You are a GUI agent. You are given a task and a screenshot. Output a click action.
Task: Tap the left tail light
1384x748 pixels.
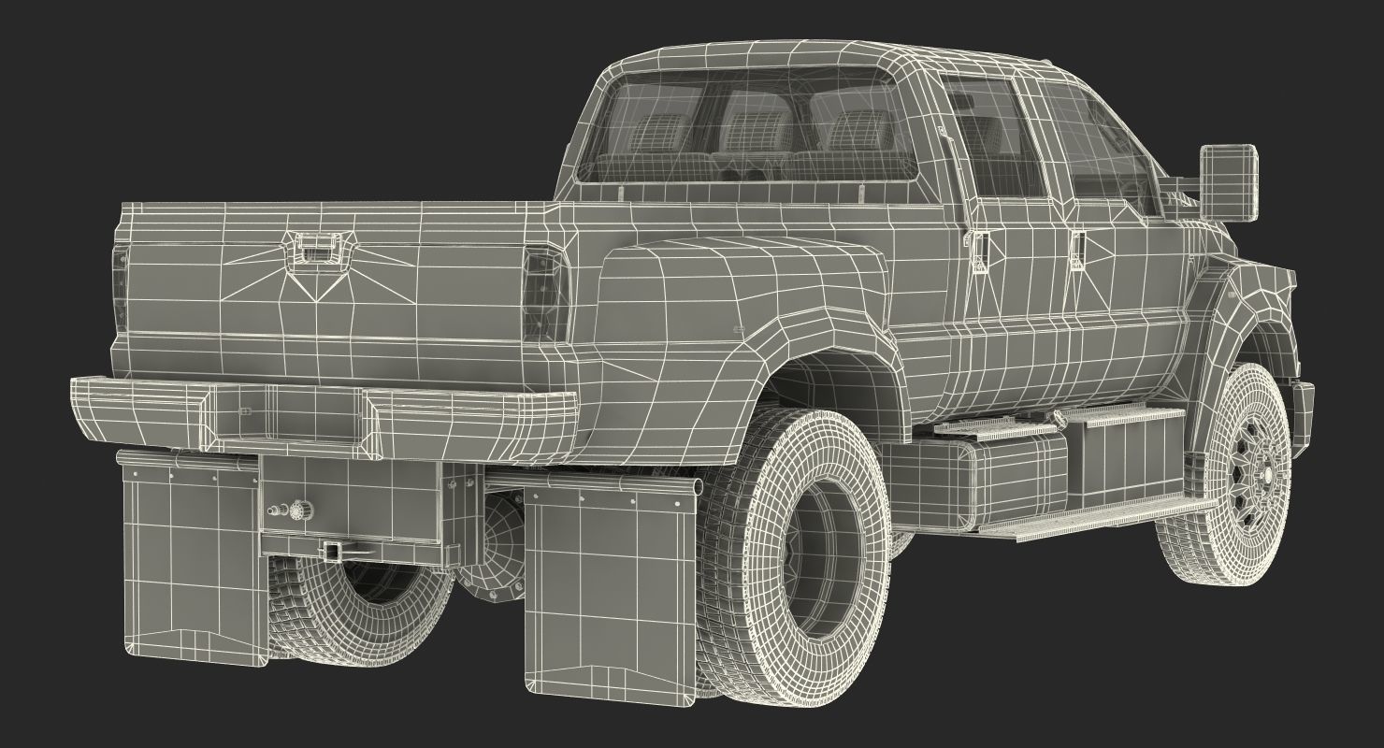click(120, 280)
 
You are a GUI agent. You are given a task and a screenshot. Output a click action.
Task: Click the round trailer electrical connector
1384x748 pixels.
click(300, 510)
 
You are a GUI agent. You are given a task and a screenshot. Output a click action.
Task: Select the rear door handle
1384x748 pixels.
click(979, 249)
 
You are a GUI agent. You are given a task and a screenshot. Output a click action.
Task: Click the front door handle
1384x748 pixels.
click(1078, 247)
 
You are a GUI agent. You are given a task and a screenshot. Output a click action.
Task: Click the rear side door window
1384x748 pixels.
click(991, 140)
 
